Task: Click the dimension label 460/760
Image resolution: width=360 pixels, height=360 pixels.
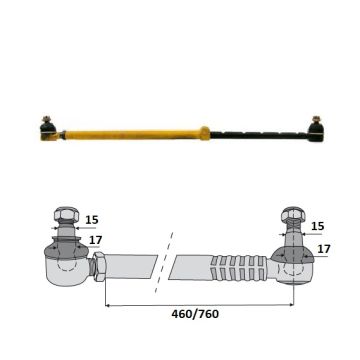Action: point(195,314)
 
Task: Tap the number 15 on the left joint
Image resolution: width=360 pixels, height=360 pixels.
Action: point(92,220)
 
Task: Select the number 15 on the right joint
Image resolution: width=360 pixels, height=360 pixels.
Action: point(317,226)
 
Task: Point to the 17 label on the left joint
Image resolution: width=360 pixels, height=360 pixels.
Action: point(96,240)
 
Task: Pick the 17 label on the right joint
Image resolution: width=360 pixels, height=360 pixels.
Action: point(324,249)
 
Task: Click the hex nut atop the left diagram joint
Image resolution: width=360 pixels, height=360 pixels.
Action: point(67,214)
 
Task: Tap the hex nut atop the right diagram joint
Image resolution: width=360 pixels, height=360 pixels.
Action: point(293,215)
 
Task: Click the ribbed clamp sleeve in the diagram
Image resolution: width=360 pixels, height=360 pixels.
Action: point(239,267)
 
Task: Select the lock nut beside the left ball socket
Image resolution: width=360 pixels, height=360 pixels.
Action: point(98,266)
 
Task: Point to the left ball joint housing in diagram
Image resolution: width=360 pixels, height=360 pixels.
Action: point(67,267)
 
